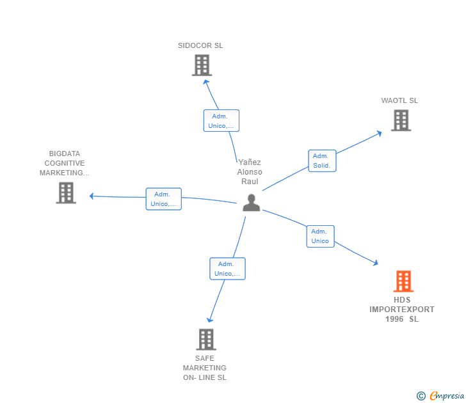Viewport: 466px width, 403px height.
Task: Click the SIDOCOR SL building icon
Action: pos(202,65)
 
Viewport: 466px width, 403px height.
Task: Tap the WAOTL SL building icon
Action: pos(401,120)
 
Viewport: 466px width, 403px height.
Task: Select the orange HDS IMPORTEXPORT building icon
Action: pos(403,281)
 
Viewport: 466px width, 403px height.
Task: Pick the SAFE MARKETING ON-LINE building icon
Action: pos(205,339)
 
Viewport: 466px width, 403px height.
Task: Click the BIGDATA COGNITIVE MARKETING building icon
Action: pos(66,193)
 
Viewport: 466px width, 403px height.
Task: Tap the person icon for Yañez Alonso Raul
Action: pos(252,203)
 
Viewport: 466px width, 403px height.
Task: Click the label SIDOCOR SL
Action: pos(200,45)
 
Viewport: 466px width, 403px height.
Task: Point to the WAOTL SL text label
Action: pos(399,100)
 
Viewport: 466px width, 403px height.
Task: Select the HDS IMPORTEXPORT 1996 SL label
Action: pos(402,310)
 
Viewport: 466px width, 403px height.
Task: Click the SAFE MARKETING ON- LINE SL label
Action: pos(205,368)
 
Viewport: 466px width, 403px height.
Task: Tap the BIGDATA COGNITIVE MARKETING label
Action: pos(65,163)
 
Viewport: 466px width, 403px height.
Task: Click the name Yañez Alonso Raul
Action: pos(250,172)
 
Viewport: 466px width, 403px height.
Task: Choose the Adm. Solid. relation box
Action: pos(321,161)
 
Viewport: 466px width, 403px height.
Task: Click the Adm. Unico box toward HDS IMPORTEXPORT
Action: pos(320,236)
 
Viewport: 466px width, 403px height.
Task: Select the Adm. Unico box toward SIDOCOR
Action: pos(221,121)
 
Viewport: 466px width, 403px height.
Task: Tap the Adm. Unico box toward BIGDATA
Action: pos(163,199)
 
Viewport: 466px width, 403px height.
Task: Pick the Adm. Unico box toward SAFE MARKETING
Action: pos(227,269)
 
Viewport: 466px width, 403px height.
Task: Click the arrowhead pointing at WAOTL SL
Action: pos(379,133)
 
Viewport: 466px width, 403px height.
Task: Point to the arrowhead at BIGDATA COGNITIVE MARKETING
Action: pos(92,196)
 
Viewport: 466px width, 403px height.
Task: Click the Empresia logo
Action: pos(440,396)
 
